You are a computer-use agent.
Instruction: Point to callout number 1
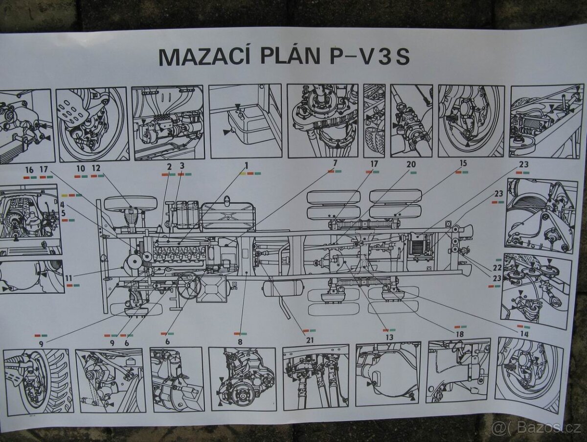coord(247,165)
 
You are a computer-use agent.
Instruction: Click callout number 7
coord(335,163)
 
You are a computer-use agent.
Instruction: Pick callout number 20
coord(411,164)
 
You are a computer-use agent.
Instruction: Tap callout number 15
coord(463,163)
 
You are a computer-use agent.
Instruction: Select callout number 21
coord(309,340)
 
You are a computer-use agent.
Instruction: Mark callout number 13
coord(389,337)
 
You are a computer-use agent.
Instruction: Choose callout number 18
coord(460,334)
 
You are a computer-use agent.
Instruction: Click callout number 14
coord(524,334)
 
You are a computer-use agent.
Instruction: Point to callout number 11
coord(69,278)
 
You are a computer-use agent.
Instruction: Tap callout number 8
coord(240,342)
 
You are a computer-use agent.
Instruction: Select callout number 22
coord(497,268)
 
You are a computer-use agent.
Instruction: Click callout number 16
coord(29,170)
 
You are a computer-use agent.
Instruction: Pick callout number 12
coord(96,168)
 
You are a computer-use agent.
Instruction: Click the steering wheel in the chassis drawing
coord(188,284)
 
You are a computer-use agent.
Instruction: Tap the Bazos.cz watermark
coord(536,428)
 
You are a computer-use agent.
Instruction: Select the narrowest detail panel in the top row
coord(374,120)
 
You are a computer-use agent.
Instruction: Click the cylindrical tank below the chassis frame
coord(283,288)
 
